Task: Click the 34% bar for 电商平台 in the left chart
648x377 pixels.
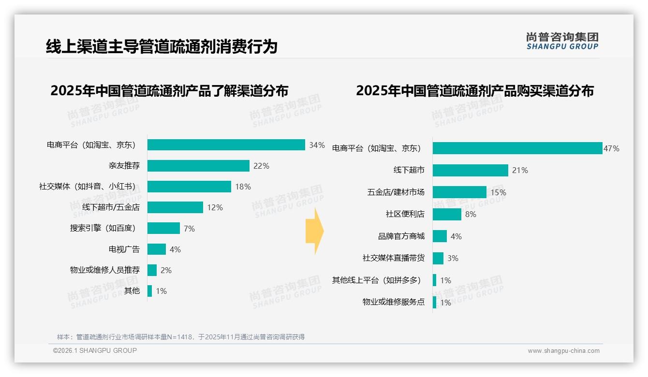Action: click(x=226, y=145)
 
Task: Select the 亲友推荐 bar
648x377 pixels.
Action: click(x=198, y=166)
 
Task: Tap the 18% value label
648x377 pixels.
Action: click(x=243, y=187)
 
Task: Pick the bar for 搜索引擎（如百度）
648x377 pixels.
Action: click(x=163, y=228)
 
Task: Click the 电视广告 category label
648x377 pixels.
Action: click(x=124, y=249)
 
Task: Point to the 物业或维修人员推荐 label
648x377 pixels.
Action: click(x=104, y=270)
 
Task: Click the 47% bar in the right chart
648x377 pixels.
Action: click(x=517, y=148)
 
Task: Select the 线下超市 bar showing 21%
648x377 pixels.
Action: click(x=470, y=170)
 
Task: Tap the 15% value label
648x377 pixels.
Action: click(x=498, y=192)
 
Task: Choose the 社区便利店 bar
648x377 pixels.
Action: click(x=447, y=214)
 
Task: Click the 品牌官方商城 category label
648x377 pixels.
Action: click(x=401, y=236)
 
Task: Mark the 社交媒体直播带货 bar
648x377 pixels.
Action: click(x=438, y=258)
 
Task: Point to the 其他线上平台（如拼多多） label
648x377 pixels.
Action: click(x=376, y=280)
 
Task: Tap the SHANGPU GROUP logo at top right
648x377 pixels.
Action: click(x=562, y=41)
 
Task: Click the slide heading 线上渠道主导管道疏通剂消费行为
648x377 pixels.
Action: click(x=162, y=46)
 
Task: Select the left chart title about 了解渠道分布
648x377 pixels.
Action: click(x=169, y=90)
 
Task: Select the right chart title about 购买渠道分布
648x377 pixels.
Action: click(x=475, y=90)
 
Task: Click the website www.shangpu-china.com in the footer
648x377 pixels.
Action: click(x=563, y=351)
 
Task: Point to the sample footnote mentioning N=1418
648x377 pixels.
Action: click(x=181, y=337)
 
